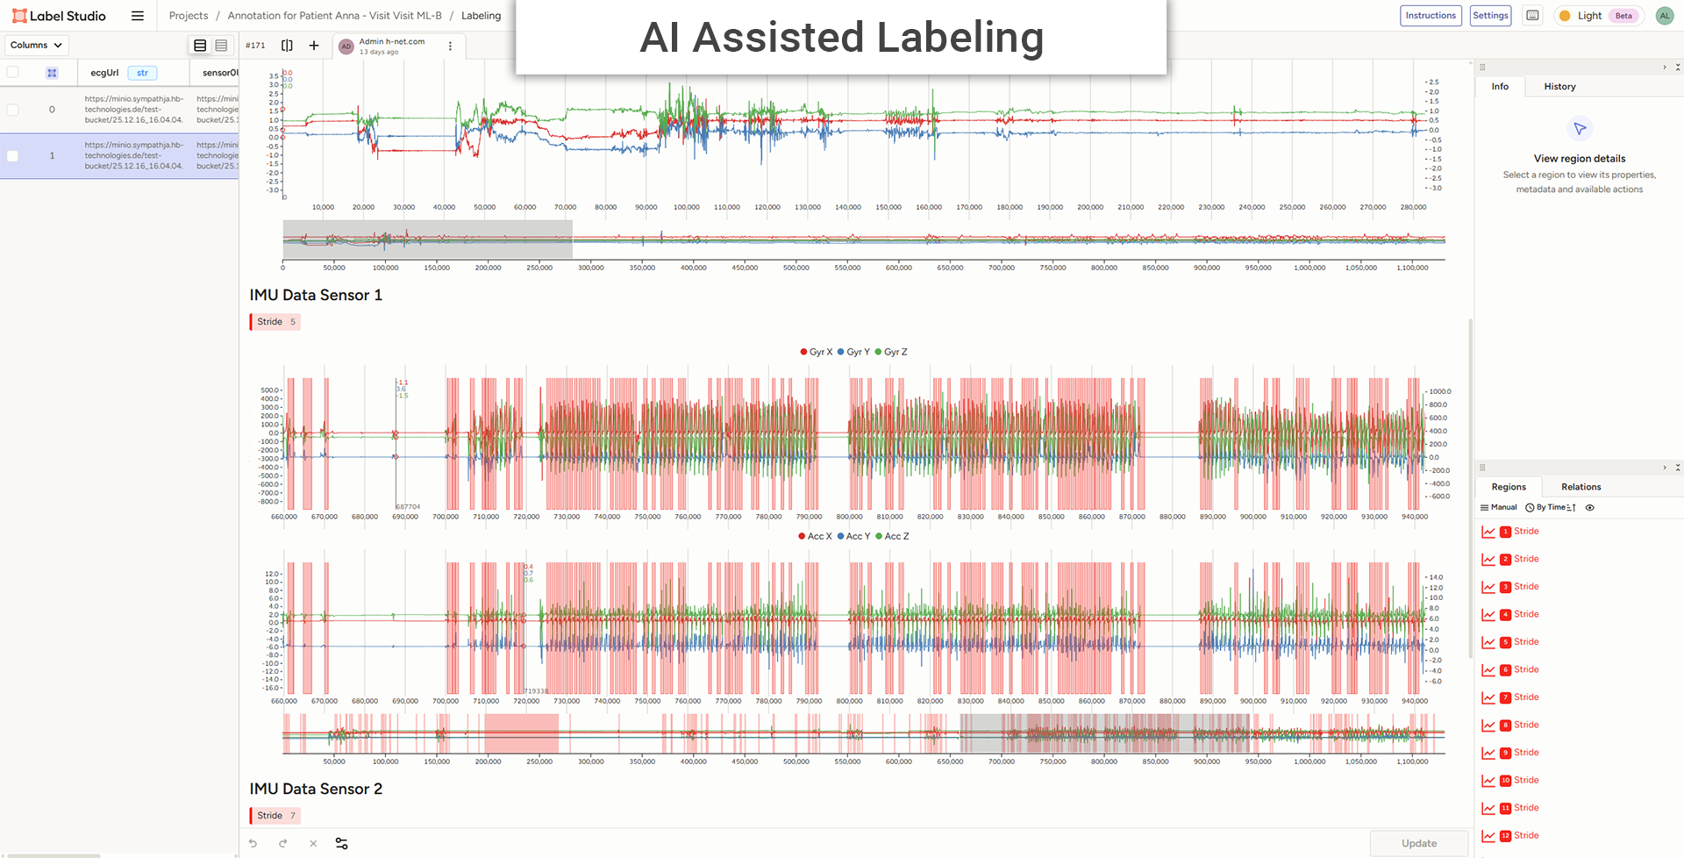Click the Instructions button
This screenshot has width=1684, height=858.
click(x=1430, y=16)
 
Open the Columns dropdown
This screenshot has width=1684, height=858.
click(x=37, y=46)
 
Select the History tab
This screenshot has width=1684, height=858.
click(x=1559, y=87)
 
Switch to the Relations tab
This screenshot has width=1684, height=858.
click(x=1581, y=487)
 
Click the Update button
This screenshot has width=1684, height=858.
click(x=1418, y=843)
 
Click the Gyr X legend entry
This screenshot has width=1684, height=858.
click(x=816, y=352)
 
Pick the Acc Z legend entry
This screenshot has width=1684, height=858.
click(x=892, y=536)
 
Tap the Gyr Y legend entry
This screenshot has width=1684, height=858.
click(x=853, y=352)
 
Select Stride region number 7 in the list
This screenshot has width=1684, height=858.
click(x=1525, y=697)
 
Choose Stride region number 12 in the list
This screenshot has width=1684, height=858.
click(x=1525, y=835)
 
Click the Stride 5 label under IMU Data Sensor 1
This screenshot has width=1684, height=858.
click(x=275, y=322)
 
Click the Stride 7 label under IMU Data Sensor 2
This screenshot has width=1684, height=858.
click(x=275, y=816)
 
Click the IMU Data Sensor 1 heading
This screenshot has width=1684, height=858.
click(x=316, y=296)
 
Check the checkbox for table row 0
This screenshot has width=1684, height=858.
click(x=12, y=110)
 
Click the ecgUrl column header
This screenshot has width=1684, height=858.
click(x=104, y=73)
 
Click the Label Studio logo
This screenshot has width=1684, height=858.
click(x=59, y=16)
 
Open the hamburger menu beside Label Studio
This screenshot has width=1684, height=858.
click(x=138, y=16)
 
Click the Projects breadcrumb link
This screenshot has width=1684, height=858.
click(x=189, y=16)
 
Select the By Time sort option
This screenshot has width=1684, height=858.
click(x=1551, y=507)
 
